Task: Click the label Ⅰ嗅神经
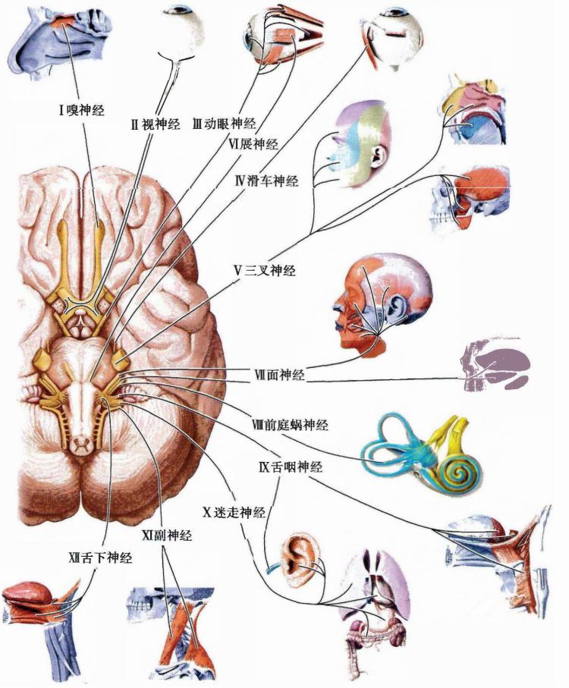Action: click(82, 110)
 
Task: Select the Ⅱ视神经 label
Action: click(156, 124)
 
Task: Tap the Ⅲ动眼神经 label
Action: click(224, 124)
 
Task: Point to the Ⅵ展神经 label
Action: click(253, 143)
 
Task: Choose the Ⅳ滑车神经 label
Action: click(266, 181)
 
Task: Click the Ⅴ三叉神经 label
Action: click(265, 271)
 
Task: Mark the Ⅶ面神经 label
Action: click(279, 375)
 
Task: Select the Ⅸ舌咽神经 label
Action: click(291, 467)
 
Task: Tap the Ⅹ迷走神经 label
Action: click(234, 512)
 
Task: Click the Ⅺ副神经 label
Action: click(167, 536)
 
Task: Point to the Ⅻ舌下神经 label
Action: click(100, 558)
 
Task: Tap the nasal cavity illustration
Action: click(60, 42)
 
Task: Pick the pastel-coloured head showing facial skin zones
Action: click(360, 145)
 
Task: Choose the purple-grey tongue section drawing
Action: click(495, 365)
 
